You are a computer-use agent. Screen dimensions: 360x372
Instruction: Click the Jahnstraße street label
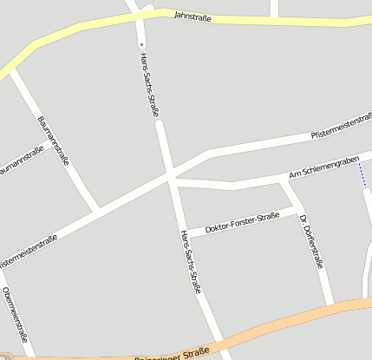193,16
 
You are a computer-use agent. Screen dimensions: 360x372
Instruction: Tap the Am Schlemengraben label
323,168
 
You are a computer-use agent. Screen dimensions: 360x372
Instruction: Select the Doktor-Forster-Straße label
243,223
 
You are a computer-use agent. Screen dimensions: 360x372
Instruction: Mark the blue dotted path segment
362,177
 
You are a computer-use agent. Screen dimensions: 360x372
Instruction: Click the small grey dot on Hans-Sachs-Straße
141,43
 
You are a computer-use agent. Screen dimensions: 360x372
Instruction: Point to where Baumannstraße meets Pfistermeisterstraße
97,210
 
